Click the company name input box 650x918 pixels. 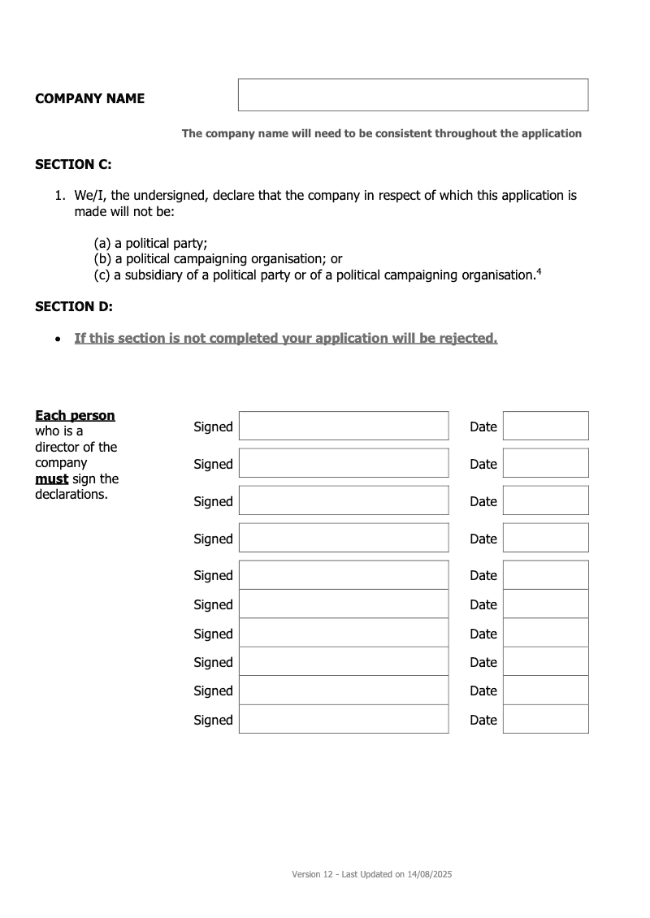pyautogui.click(x=413, y=95)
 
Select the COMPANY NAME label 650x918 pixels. pyautogui.click(x=89, y=99)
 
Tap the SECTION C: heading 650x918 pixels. pyautogui.click(x=73, y=164)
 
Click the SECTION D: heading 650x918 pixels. pyautogui.click(x=74, y=306)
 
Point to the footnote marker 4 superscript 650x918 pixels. pyautogui.click(x=539, y=271)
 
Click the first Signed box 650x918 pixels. pyautogui.click(x=343, y=426)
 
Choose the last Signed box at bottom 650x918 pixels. pyautogui.click(x=343, y=719)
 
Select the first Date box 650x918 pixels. pyautogui.click(x=545, y=426)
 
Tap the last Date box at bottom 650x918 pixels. pyautogui.click(x=545, y=719)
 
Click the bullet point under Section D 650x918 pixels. pyautogui.click(x=57, y=339)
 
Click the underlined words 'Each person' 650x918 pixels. pyautogui.click(x=75, y=416)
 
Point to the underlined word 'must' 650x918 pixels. pyautogui.click(x=51, y=478)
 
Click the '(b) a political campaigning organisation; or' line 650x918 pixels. pyautogui.click(x=218, y=259)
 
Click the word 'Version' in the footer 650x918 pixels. pyautogui.click(x=306, y=875)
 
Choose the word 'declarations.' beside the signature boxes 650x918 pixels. pyautogui.click(x=71, y=494)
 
